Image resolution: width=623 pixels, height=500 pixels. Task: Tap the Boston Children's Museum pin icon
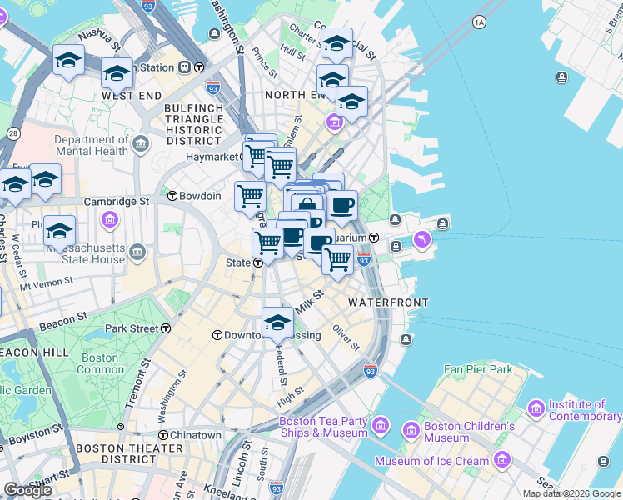pyautogui.click(x=411, y=431)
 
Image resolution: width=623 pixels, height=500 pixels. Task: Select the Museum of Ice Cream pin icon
pyautogui.click(x=502, y=460)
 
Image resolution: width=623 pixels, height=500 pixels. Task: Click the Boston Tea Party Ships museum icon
pyautogui.click(x=381, y=427)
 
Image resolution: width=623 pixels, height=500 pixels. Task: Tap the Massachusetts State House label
pyautogui.click(x=86, y=254)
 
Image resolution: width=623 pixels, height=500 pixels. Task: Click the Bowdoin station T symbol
pyautogui.click(x=172, y=197)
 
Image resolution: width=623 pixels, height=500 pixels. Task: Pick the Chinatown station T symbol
pyautogui.click(x=163, y=435)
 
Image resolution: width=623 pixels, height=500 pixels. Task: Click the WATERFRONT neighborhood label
pyautogui.click(x=388, y=302)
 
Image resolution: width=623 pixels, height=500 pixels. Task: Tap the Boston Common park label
pyautogui.click(x=101, y=363)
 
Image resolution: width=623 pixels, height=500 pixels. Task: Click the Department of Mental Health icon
pyautogui.click(x=141, y=146)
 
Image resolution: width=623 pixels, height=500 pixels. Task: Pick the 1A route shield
pyautogui.click(x=478, y=22)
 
